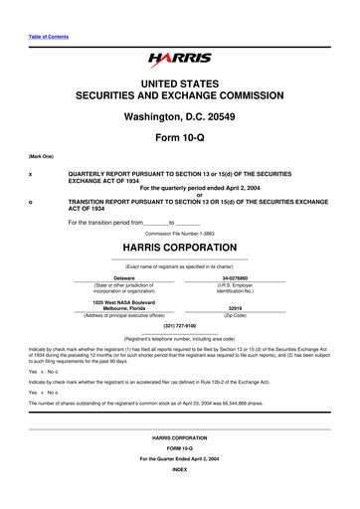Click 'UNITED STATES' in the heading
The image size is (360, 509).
tap(179, 86)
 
